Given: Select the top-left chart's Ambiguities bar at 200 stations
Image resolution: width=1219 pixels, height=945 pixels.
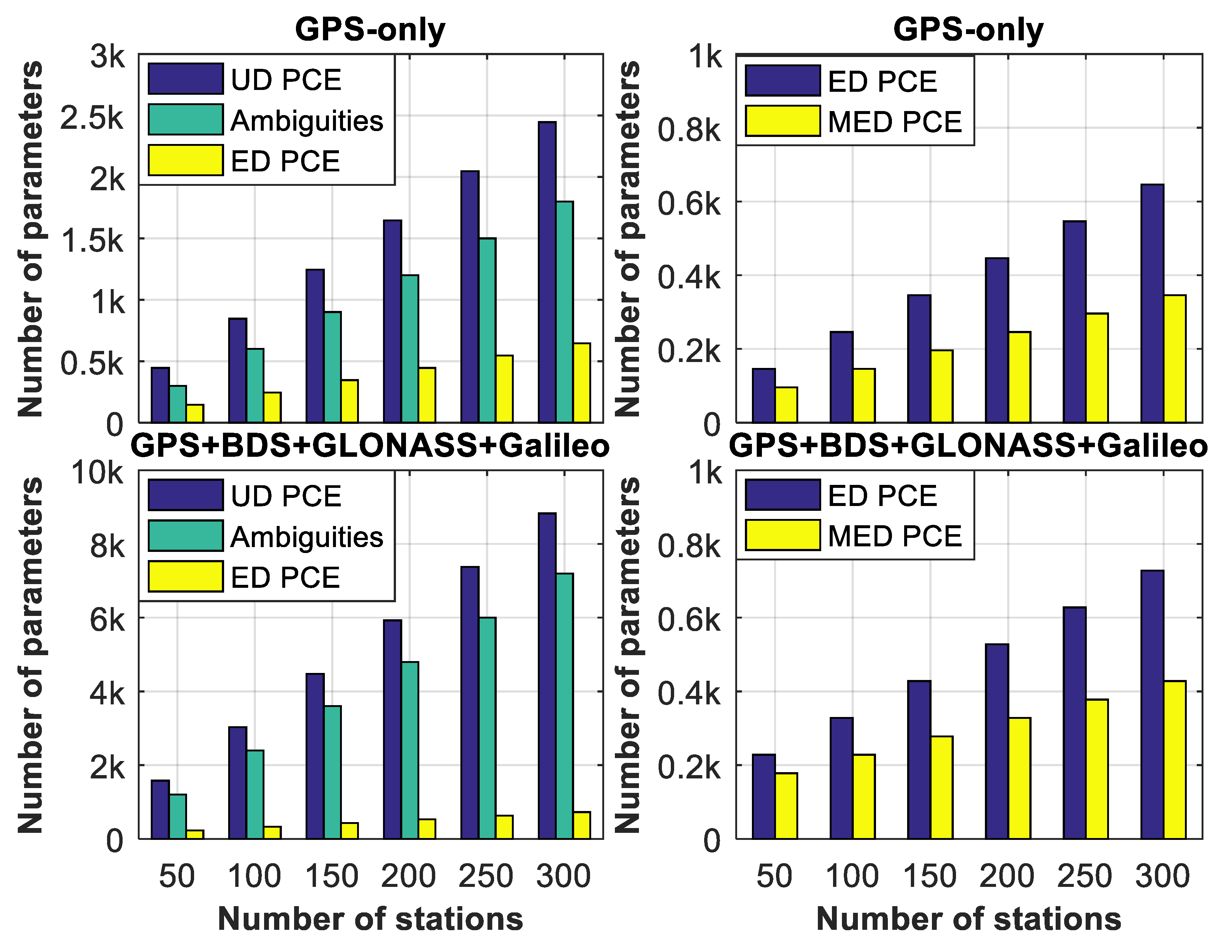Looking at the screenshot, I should (x=410, y=349).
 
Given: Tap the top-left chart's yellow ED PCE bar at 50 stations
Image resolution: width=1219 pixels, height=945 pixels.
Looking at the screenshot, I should (x=195, y=413).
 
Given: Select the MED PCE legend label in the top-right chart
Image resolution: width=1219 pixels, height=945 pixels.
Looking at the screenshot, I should (x=895, y=122).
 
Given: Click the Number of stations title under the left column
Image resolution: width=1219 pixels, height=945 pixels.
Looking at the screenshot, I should (x=370, y=919).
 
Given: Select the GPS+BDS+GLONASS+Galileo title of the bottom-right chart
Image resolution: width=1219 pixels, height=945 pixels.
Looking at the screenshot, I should (x=968, y=445).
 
